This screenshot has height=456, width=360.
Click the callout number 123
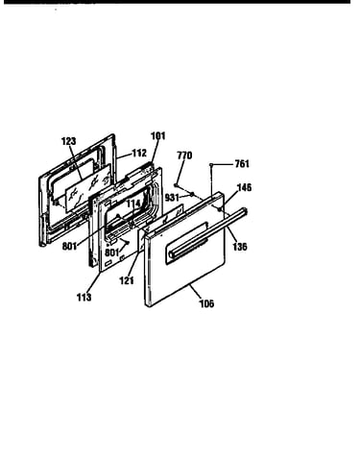[69, 141]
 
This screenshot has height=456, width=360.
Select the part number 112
[139, 154]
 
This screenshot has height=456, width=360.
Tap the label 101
[158, 136]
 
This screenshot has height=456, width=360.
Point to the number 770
[184, 156]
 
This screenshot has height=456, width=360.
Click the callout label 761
[242, 164]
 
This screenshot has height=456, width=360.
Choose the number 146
[244, 187]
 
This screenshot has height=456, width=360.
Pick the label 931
[172, 198]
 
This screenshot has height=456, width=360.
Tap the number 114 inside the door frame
[133, 204]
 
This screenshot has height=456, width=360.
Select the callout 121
[127, 281]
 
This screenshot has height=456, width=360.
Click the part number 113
[84, 298]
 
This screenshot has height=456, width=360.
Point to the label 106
[206, 303]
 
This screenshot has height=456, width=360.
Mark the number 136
[240, 247]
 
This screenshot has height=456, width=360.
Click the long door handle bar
[208, 232]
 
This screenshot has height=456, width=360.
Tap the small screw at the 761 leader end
[211, 164]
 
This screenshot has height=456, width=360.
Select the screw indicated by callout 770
[176, 185]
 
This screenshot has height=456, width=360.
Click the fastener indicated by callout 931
[192, 194]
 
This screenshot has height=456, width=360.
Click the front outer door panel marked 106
[185, 250]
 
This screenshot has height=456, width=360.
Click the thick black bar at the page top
[177, 2]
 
